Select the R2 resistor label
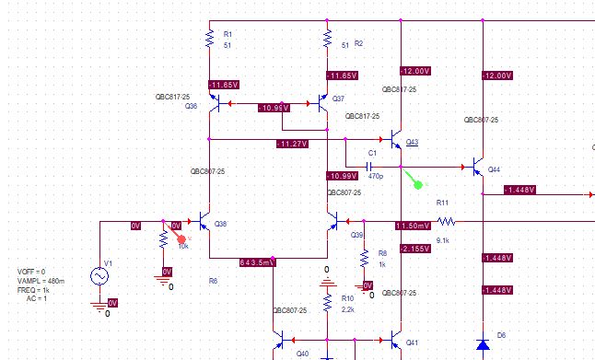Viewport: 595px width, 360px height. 359,44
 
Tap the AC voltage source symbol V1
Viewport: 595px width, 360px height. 99,276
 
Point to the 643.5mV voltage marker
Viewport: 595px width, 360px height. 257,262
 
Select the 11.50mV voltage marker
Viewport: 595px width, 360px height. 412,226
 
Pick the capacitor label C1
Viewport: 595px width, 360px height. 373,153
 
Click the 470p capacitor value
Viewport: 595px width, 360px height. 375,175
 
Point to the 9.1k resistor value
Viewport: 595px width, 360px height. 443,240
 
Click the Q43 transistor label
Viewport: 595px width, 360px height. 412,142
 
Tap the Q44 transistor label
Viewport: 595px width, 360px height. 494,169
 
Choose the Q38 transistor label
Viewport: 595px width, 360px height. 220,224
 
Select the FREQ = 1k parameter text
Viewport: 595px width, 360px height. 38,290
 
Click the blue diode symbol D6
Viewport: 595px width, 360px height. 482,344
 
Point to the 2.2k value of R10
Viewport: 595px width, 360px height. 347,309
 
